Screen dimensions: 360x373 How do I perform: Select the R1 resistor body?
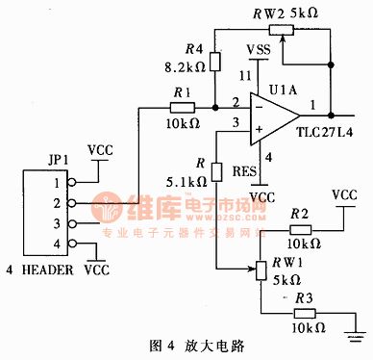click(x=184, y=104)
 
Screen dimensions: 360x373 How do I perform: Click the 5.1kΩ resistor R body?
click(x=216, y=165)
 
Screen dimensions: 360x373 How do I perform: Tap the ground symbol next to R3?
click(x=357, y=336)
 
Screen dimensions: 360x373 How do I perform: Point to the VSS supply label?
click(x=258, y=50)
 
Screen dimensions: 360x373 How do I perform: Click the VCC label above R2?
click(x=342, y=196)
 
